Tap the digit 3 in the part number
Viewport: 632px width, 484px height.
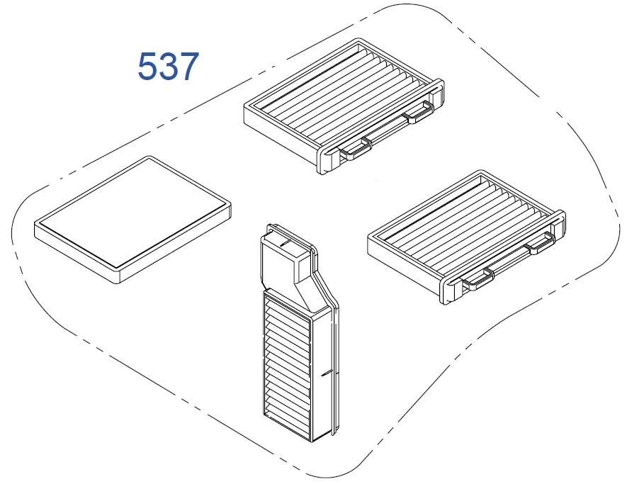coord(168,66)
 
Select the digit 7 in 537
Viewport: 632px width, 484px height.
coord(189,66)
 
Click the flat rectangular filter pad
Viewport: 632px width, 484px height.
coord(133,220)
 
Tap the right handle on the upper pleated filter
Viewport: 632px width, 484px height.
coord(419,112)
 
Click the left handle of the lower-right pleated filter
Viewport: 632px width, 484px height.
coord(478,278)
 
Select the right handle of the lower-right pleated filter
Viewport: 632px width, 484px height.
coord(540,243)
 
